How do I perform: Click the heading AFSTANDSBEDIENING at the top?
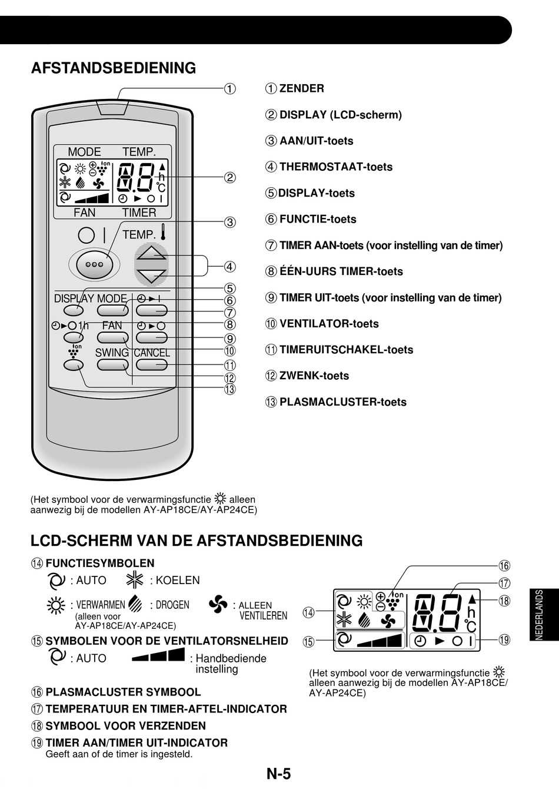point(113,68)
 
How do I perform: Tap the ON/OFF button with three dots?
point(94,264)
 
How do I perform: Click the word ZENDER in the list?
point(301,89)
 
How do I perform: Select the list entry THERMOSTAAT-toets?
point(335,167)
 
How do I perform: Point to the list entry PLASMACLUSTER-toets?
point(342,402)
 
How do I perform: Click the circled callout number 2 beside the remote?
point(229,177)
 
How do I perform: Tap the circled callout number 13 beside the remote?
point(229,389)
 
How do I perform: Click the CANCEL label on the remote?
point(152,353)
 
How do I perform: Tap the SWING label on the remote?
point(112,353)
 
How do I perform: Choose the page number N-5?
point(279,773)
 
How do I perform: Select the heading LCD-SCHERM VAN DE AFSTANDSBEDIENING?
point(197,541)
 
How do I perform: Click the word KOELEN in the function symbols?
point(178,581)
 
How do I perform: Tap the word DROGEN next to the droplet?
point(172,605)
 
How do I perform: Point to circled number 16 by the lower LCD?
point(504,566)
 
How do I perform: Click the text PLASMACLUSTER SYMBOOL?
point(123,692)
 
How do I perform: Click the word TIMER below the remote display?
point(139,213)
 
